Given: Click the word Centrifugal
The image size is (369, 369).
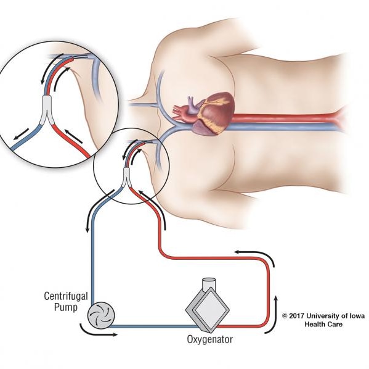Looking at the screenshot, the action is (x=66, y=296).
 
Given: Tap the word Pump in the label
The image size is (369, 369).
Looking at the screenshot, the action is (x=66, y=308).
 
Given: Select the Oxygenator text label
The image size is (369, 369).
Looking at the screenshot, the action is (x=210, y=339).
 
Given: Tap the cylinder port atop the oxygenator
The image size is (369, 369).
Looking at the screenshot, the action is (x=209, y=284).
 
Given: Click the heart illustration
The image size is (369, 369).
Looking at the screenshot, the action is (x=209, y=113).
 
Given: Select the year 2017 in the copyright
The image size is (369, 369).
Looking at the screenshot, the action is (x=297, y=316).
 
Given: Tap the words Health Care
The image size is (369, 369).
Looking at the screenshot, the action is (x=323, y=324).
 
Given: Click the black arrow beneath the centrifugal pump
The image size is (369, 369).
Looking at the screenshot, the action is (x=98, y=331).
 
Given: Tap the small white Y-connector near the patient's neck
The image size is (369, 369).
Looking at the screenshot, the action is (x=127, y=178).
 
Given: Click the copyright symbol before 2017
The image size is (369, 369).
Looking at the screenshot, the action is (x=285, y=316).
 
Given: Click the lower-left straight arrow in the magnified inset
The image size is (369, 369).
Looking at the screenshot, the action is (x=21, y=135).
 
